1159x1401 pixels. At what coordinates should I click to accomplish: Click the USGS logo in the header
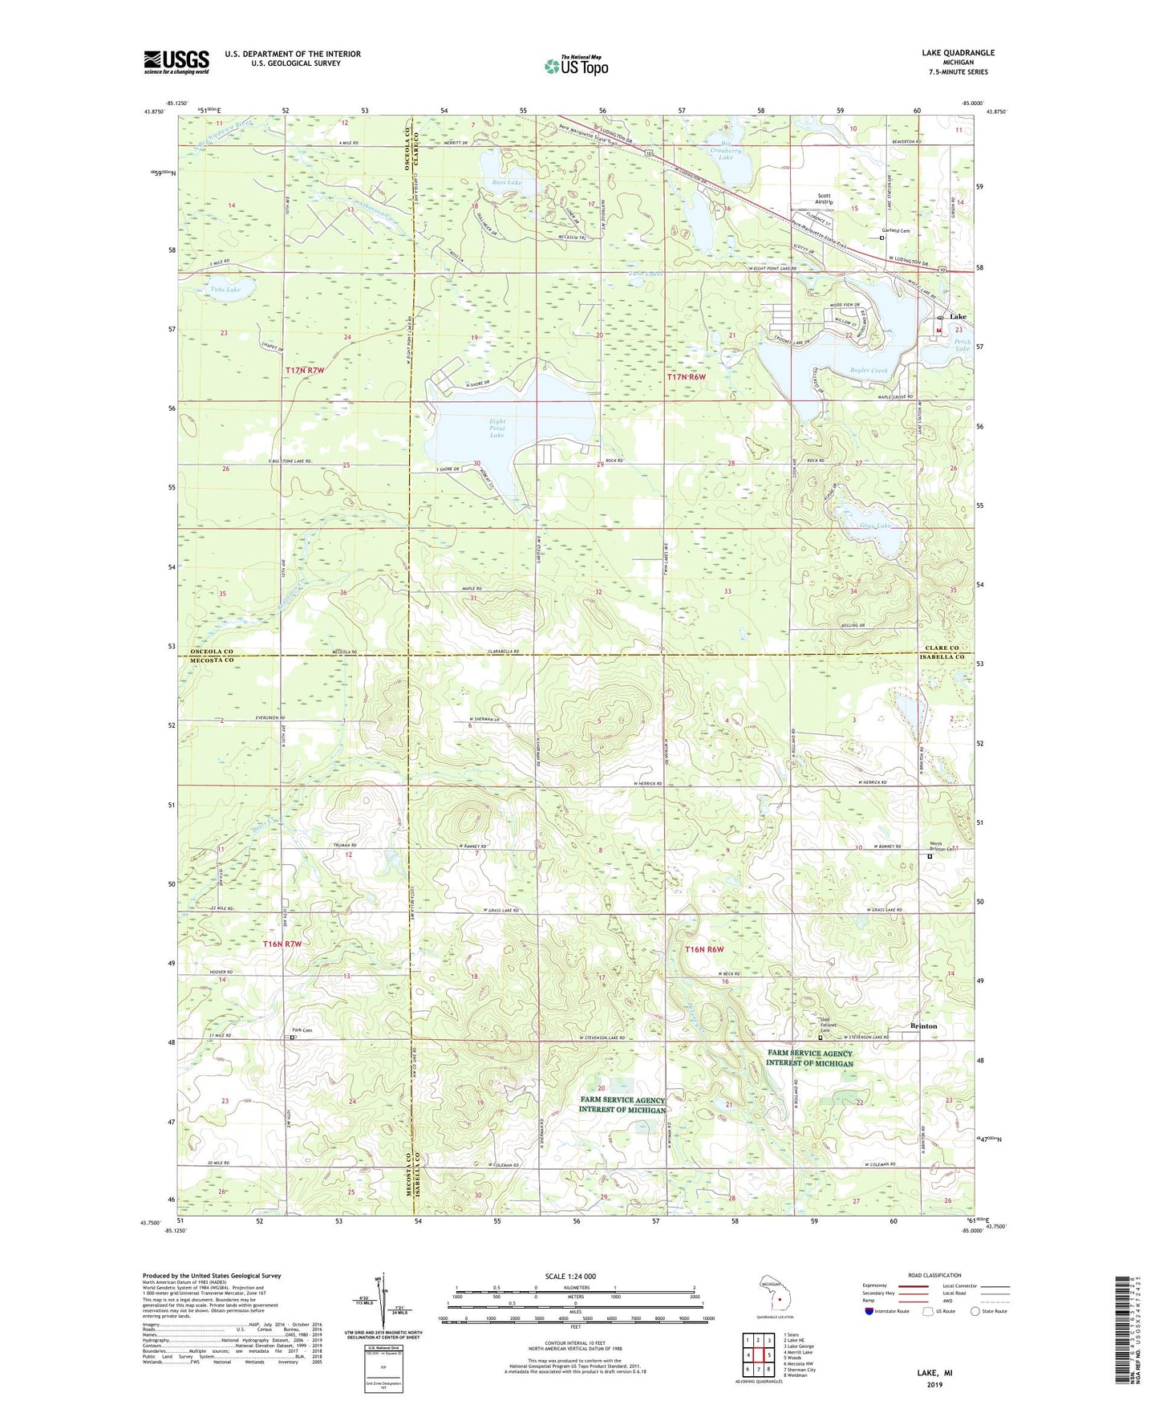tap(176, 62)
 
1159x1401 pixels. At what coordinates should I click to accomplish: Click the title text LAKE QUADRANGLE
tap(958, 53)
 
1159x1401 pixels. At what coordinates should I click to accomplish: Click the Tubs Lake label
tap(225, 290)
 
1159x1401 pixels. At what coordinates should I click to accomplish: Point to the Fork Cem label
tap(302, 1030)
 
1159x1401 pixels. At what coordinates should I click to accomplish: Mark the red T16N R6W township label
tap(703, 949)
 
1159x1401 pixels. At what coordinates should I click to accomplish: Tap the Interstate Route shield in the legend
tap(869, 1311)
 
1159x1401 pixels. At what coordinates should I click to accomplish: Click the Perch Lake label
tap(962, 345)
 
